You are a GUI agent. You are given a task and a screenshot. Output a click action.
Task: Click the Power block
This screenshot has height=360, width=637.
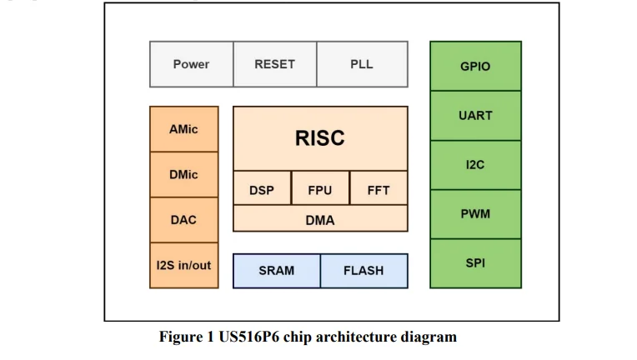tap(191, 64)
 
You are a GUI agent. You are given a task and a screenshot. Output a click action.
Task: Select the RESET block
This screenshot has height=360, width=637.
tap(274, 64)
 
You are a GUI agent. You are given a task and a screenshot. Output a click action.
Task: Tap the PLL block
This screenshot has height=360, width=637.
tap(362, 64)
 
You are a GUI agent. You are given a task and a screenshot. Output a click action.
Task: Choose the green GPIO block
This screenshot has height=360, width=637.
tap(475, 66)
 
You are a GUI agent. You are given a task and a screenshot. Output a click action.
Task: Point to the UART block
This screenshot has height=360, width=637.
tap(475, 115)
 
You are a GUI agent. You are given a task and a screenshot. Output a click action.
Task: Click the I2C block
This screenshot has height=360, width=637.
tap(475, 164)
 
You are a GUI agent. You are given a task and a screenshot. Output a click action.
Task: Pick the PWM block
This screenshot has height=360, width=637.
tap(475, 213)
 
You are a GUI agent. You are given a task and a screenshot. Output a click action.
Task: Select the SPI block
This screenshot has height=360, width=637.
tap(475, 262)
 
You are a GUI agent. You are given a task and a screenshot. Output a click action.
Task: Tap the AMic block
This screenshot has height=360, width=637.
tap(183, 129)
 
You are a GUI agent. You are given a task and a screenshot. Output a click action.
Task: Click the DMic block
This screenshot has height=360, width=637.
tap(183, 174)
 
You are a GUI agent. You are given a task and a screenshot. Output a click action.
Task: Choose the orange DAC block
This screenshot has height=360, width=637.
tap(183, 220)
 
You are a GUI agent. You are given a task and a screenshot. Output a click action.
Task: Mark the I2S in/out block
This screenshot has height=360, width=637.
tap(183, 265)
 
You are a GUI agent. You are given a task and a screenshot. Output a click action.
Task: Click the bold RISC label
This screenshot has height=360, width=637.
tap(319, 138)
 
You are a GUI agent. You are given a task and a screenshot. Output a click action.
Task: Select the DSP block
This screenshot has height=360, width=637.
tap(262, 190)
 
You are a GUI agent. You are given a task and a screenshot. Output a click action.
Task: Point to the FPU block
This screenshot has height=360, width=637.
tap(319, 190)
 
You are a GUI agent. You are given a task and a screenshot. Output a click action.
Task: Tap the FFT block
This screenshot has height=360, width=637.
tap(379, 190)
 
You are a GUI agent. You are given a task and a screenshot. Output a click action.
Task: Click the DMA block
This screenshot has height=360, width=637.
tap(319, 220)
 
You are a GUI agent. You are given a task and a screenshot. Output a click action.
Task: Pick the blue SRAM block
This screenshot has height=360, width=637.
tap(276, 270)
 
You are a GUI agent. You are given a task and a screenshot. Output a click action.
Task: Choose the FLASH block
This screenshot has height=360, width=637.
tap(364, 270)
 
